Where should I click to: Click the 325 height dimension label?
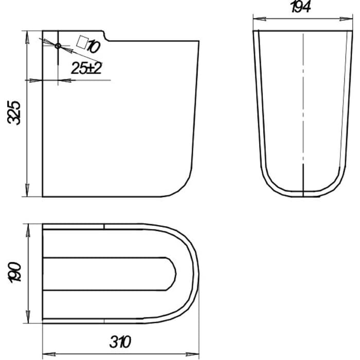point(14,112)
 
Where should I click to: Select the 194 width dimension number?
point(301,7)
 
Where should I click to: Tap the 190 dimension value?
point(14,272)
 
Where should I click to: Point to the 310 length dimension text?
point(120,341)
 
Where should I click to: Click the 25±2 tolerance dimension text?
point(86,68)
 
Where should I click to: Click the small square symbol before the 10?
point(82,42)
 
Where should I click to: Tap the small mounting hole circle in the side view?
point(58,46)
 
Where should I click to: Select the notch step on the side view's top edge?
point(105,36)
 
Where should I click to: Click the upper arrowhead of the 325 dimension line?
point(27,37)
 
